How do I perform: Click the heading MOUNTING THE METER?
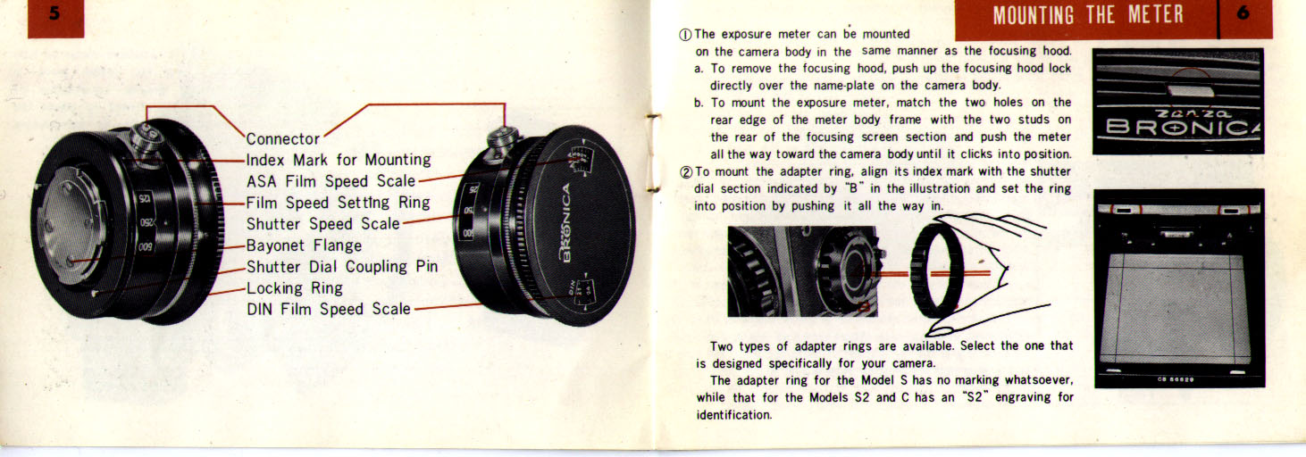pos(1088,15)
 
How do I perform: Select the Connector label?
pos(283,138)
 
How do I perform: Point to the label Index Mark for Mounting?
pos(339,160)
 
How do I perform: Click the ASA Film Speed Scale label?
pos(331,181)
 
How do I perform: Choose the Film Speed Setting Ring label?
pos(339,203)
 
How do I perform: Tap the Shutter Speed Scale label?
pos(323,224)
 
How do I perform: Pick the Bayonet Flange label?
pos(304,245)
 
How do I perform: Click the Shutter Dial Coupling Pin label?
pos(341,267)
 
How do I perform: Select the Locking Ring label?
pos(295,288)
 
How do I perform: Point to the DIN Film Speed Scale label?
pos(328,309)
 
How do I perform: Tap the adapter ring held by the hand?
pos(937,270)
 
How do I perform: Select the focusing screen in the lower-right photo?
pos(1175,309)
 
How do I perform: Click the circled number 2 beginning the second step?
pos(686,172)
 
